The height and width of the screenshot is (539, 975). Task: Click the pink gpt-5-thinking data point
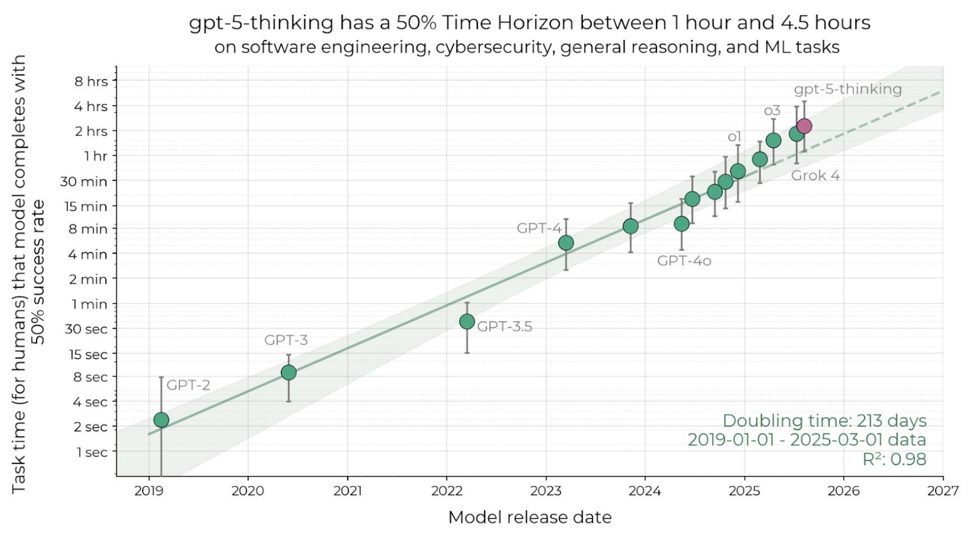804,126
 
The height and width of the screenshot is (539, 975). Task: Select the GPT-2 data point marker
161,420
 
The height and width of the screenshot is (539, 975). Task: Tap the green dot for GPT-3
289,372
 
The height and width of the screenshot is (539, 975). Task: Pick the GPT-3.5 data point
467,322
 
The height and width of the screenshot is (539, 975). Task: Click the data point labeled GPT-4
566,243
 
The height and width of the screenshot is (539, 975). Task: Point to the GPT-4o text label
684,261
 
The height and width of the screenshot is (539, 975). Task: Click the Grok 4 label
815,176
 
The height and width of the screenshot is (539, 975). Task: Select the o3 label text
772,111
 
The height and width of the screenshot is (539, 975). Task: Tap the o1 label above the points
735,136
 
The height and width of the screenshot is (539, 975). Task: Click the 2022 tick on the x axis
447,491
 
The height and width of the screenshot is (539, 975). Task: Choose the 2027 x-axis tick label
943,491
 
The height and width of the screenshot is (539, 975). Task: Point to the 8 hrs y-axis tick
91,81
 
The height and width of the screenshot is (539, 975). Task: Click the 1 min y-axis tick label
91,304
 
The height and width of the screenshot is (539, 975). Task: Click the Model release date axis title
530,517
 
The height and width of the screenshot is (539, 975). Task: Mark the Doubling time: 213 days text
824,421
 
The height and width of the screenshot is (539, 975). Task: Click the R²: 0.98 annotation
894,459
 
